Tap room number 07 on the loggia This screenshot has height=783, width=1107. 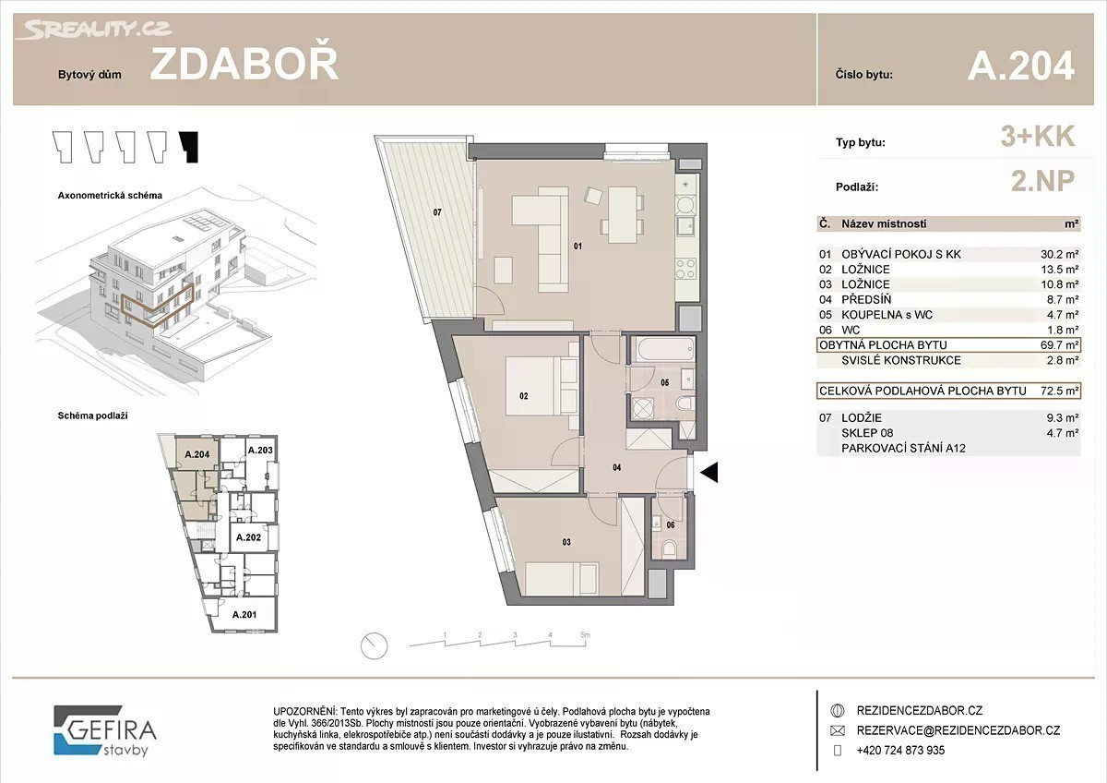coord(437,212)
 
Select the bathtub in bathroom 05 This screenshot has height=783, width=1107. coord(666,350)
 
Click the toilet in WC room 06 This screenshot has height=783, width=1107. coord(670,548)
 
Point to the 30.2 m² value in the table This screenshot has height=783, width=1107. coord(1059,254)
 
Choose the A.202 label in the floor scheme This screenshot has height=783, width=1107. coord(248,537)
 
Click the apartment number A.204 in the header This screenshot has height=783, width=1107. coord(1021,66)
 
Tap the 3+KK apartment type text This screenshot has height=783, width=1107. coord(1038,136)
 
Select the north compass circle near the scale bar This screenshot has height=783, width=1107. coord(375,646)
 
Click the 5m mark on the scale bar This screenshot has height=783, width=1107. coord(585,634)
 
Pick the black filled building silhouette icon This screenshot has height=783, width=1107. coord(189,147)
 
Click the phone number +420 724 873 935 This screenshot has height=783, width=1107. coord(900,751)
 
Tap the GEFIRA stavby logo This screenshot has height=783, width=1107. coord(105,731)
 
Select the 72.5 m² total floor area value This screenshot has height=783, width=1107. coord(1059,391)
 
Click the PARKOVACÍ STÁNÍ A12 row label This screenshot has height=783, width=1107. coord(903,448)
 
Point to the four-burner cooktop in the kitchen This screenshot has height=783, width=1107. coord(686,269)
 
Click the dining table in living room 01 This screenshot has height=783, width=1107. coord(622,214)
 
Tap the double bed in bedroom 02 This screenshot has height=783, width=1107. coord(542,386)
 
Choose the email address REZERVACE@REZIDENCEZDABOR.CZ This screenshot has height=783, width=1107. coord(958,730)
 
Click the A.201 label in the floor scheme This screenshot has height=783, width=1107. coord(244,614)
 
